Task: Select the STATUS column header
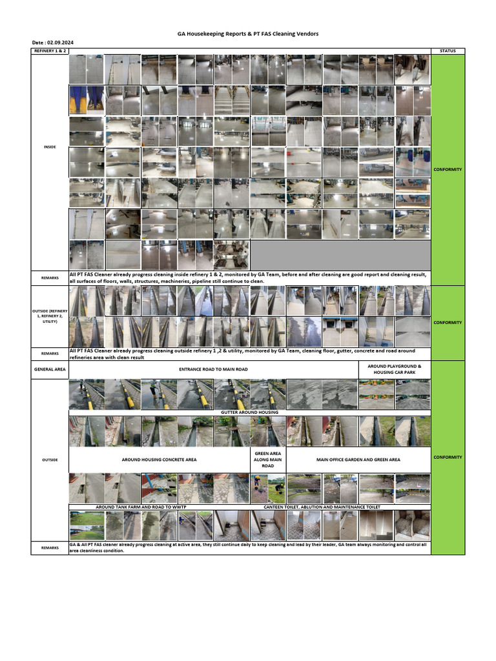coord(447,50)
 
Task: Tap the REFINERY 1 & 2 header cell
coord(49,50)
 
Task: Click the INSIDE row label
coord(50,147)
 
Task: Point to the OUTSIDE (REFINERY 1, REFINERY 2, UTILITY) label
coord(50,316)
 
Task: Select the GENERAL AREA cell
coord(50,369)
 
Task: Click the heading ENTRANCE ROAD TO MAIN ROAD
coord(213,369)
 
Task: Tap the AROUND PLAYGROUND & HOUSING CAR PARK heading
coord(394,369)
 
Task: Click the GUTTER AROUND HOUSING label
coord(249,412)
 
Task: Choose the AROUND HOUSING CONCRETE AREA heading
coord(159,460)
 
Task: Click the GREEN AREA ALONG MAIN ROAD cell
coord(268,460)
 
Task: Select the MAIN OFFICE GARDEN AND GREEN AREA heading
coord(358,460)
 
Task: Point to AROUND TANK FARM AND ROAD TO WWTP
coord(140,507)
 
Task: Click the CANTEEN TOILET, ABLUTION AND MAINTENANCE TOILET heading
coord(322,507)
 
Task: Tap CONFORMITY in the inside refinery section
coord(448,169)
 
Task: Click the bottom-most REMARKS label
coord(50,547)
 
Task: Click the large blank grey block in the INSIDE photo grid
coord(340,254)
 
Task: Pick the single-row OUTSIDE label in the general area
coord(50,460)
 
